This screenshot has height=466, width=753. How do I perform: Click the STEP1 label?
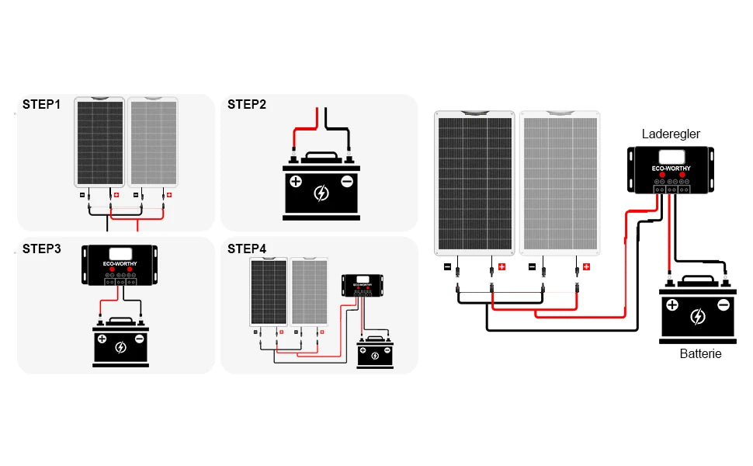[41, 104]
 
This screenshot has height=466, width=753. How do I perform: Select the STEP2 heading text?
[246, 104]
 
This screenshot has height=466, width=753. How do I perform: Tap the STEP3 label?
[41, 249]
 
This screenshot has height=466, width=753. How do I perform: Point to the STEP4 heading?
[246, 249]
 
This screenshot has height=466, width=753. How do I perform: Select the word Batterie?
[700, 354]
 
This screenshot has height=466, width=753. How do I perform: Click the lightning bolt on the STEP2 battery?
[321, 192]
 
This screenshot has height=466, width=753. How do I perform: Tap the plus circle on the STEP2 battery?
[296, 183]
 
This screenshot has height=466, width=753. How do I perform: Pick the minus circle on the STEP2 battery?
[346, 183]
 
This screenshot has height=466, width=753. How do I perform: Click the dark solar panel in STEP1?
[99, 143]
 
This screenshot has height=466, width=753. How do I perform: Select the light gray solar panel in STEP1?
[153, 143]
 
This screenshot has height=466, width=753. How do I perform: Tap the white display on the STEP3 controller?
[121, 252]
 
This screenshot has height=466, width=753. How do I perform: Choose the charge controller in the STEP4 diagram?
[361, 284]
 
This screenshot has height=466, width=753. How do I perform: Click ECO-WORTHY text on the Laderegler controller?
[671, 169]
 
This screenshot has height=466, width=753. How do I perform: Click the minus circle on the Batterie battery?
[723, 305]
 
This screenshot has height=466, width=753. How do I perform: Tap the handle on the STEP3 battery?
[120, 320]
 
